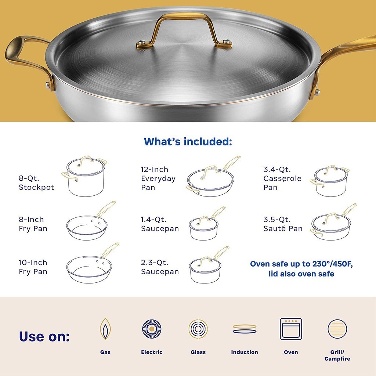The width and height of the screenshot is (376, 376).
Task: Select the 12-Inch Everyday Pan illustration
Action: [x=213, y=177]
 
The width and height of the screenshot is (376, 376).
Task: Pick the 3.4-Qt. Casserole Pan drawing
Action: [x=329, y=181]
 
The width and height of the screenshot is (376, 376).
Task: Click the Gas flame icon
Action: [x=105, y=329]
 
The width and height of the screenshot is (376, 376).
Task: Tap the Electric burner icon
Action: [x=152, y=329]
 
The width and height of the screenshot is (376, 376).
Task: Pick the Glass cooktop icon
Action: [x=198, y=329]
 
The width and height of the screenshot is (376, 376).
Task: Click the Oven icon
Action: [x=291, y=329]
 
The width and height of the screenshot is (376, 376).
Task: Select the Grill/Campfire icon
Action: [x=337, y=329]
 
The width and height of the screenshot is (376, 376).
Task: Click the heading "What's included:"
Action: [x=188, y=141]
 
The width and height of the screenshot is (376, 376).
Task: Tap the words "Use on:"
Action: [x=44, y=336]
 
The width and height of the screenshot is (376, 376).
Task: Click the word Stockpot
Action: [x=36, y=187]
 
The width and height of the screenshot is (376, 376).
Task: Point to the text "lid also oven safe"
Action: [x=301, y=274]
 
